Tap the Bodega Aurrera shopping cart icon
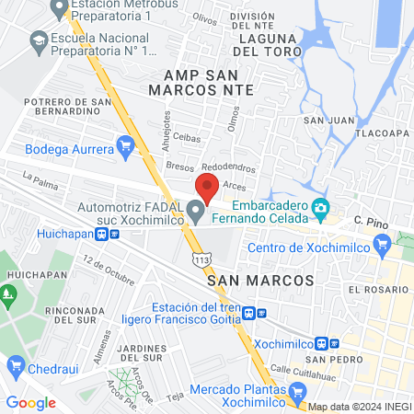(x=126, y=145)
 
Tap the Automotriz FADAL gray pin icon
(x=195, y=213)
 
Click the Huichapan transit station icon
(x=114, y=234)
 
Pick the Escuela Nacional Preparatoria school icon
(x=39, y=40)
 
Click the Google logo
(x=30, y=402)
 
